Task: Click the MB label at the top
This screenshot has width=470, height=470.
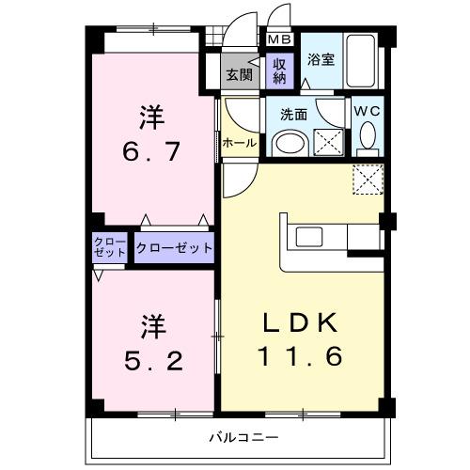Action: point(279,39)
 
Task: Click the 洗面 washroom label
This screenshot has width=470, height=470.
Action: point(293,115)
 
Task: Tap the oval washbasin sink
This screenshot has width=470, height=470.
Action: point(291,143)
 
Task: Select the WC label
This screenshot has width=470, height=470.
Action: point(366,111)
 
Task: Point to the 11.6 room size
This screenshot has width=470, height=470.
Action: point(302,357)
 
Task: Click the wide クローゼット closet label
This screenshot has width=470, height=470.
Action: point(174,249)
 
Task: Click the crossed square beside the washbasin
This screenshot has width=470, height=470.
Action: point(328,142)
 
